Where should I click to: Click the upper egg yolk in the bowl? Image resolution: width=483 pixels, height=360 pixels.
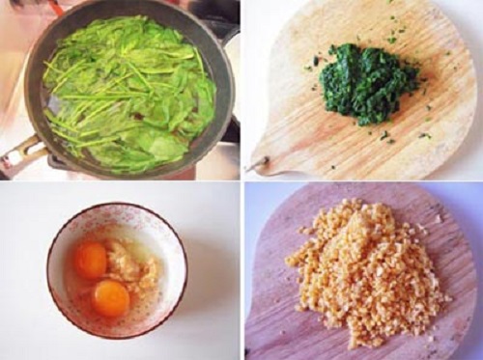[x=91, y=259]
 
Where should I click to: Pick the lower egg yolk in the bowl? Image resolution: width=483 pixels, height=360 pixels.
[x=111, y=297]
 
